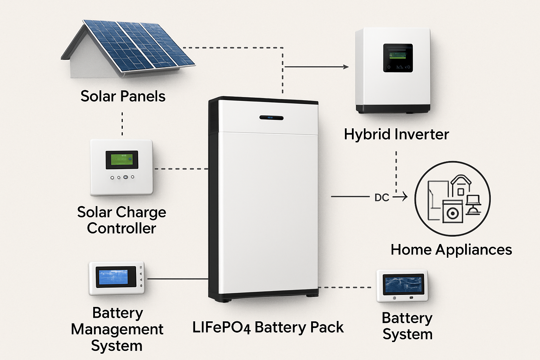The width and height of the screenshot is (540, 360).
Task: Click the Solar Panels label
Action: point(123,96)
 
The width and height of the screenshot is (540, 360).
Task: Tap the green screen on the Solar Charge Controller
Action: point(122,160)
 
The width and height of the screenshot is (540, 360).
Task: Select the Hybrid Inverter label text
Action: point(396,134)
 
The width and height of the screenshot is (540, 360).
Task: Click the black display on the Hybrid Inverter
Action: point(398,58)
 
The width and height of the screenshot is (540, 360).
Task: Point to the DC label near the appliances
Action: point(381,198)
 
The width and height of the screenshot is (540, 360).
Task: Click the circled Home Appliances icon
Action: point(452,199)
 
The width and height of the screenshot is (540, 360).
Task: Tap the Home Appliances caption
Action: point(451,250)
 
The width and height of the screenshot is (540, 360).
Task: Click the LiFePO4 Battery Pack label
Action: point(268,327)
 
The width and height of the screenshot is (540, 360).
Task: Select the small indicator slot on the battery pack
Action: point(271,118)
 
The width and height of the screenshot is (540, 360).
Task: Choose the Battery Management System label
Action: point(117,329)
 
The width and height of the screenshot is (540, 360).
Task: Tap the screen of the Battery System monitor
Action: point(403,284)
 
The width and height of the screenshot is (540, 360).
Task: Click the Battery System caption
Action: point(407,326)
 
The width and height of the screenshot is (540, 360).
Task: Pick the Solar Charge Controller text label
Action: point(122,220)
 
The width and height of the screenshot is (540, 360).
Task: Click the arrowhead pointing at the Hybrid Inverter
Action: point(346,67)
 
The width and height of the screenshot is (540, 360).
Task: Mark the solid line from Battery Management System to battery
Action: point(178,279)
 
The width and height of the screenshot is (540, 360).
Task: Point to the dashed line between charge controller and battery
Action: point(181,169)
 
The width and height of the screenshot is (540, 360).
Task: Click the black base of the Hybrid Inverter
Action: point(393,109)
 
